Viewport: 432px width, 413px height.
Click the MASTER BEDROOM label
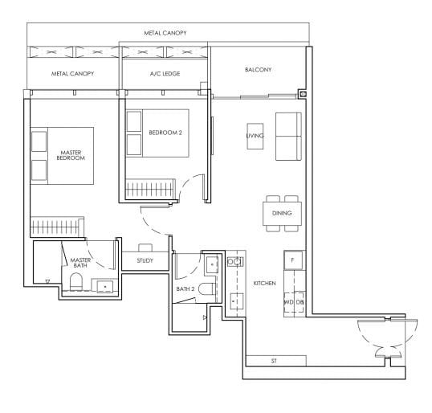click(71, 154)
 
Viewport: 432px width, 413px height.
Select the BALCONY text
click(258, 70)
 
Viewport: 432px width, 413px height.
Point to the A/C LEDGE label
click(165, 74)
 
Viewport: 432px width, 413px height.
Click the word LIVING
click(255, 136)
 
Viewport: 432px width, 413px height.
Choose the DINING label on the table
click(281, 213)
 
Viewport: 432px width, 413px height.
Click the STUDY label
click(145, 260)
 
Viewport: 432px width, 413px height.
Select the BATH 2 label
click(185, 288)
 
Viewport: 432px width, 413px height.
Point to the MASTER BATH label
click(80, 264)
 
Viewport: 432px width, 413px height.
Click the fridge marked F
click(292, 261)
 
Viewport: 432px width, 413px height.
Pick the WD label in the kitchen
click(287, 302)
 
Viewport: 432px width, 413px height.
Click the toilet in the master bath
click(76, 282)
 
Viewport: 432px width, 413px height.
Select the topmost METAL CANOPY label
click(165, 33)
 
